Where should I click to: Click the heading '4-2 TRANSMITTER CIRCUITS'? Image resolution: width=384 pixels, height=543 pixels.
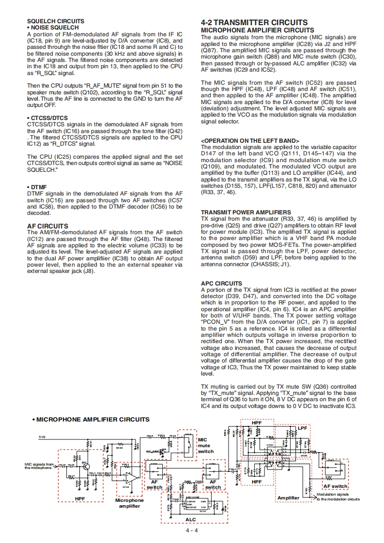point(254,22)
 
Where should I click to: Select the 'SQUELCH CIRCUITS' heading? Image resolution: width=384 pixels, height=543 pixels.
point(55,21)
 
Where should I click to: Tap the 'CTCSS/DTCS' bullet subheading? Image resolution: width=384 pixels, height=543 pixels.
point(47,118)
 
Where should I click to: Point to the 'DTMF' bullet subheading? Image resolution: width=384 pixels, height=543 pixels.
point(38,187)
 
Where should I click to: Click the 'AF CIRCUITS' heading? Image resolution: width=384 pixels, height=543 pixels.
point(47,226)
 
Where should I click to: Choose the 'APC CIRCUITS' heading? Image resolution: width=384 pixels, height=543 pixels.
point(221,283)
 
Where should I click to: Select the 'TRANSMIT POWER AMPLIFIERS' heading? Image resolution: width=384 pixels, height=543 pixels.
point(246,212)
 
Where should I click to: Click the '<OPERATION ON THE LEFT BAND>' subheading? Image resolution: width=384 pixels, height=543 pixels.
point(250,141)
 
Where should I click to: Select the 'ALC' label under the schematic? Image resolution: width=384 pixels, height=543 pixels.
point(191,519)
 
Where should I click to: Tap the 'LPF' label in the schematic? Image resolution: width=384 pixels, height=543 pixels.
point(302,428)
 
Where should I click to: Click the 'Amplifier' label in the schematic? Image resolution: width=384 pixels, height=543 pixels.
point(288,498)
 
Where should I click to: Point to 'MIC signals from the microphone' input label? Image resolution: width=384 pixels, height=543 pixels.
point(39,466)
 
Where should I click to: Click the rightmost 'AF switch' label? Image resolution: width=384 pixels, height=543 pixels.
point(336,486)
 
